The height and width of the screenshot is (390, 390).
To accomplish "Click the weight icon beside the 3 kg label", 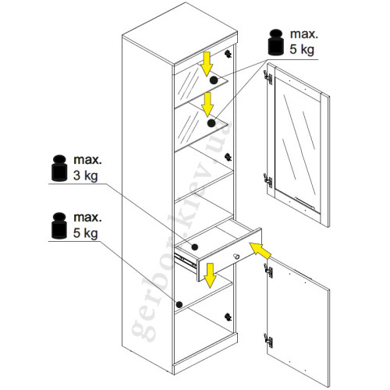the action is (x=59, y=168).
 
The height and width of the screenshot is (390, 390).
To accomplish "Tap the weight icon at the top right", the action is (x=276, y=42).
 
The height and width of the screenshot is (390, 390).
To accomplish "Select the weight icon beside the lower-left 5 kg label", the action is (x=59, y=225).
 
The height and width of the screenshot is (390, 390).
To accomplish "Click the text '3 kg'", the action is (x=86, y=175).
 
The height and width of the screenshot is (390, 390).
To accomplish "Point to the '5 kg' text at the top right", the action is (x=302, y=49).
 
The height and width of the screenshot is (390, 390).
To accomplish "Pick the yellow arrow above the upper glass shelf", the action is (x=207, y=64).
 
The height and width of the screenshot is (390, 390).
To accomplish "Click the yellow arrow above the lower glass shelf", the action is (x=207, y=105).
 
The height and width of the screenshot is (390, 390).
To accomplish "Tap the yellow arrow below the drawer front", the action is (x=210, y=275).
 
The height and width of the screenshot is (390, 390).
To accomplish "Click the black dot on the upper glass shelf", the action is (x=214, y=80).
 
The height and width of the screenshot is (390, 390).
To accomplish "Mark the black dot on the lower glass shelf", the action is (x=211, y=123).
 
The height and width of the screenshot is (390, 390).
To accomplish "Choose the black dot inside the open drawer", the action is (x=194, y=247).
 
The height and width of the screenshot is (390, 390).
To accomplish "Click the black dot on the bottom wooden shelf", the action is (x=179, y=304).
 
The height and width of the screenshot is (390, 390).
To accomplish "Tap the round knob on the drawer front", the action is (x=236, y=257).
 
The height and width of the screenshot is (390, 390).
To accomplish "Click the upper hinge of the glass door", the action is (x=268, y=77).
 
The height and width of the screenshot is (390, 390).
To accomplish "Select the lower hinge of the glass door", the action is (x=268, y=180).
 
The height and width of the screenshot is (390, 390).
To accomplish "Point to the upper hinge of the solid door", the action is (x=268, y=271).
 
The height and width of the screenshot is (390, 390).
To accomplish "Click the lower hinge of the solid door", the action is (x=268, y=340).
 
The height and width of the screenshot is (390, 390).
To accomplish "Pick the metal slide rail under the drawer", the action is (x=186, y=261).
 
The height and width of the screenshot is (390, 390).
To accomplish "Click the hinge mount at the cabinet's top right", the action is (x=228, y=54).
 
